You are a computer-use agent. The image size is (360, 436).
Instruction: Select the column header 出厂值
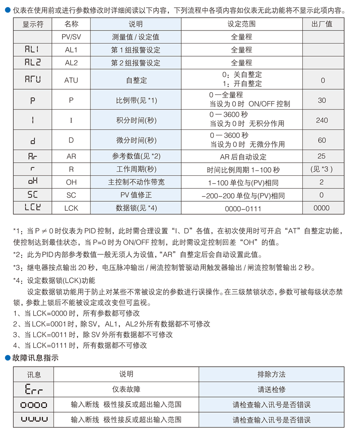point(322,24)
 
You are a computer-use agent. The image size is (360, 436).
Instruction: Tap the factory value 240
point(322,120)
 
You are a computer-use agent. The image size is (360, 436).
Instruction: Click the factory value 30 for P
point(322,100)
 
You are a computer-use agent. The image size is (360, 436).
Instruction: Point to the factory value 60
point(322,140)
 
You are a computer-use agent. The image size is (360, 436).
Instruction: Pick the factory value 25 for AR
point(322,156)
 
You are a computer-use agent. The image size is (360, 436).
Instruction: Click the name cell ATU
point(71,80)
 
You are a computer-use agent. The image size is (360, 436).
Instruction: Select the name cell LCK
point(71,208)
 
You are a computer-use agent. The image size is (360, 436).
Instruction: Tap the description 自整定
point(135,80)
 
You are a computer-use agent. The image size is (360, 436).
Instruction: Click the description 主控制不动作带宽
point(135,182)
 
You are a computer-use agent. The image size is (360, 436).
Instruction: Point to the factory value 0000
point(322,208)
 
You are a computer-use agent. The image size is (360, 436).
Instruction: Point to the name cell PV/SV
point(71,37)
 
